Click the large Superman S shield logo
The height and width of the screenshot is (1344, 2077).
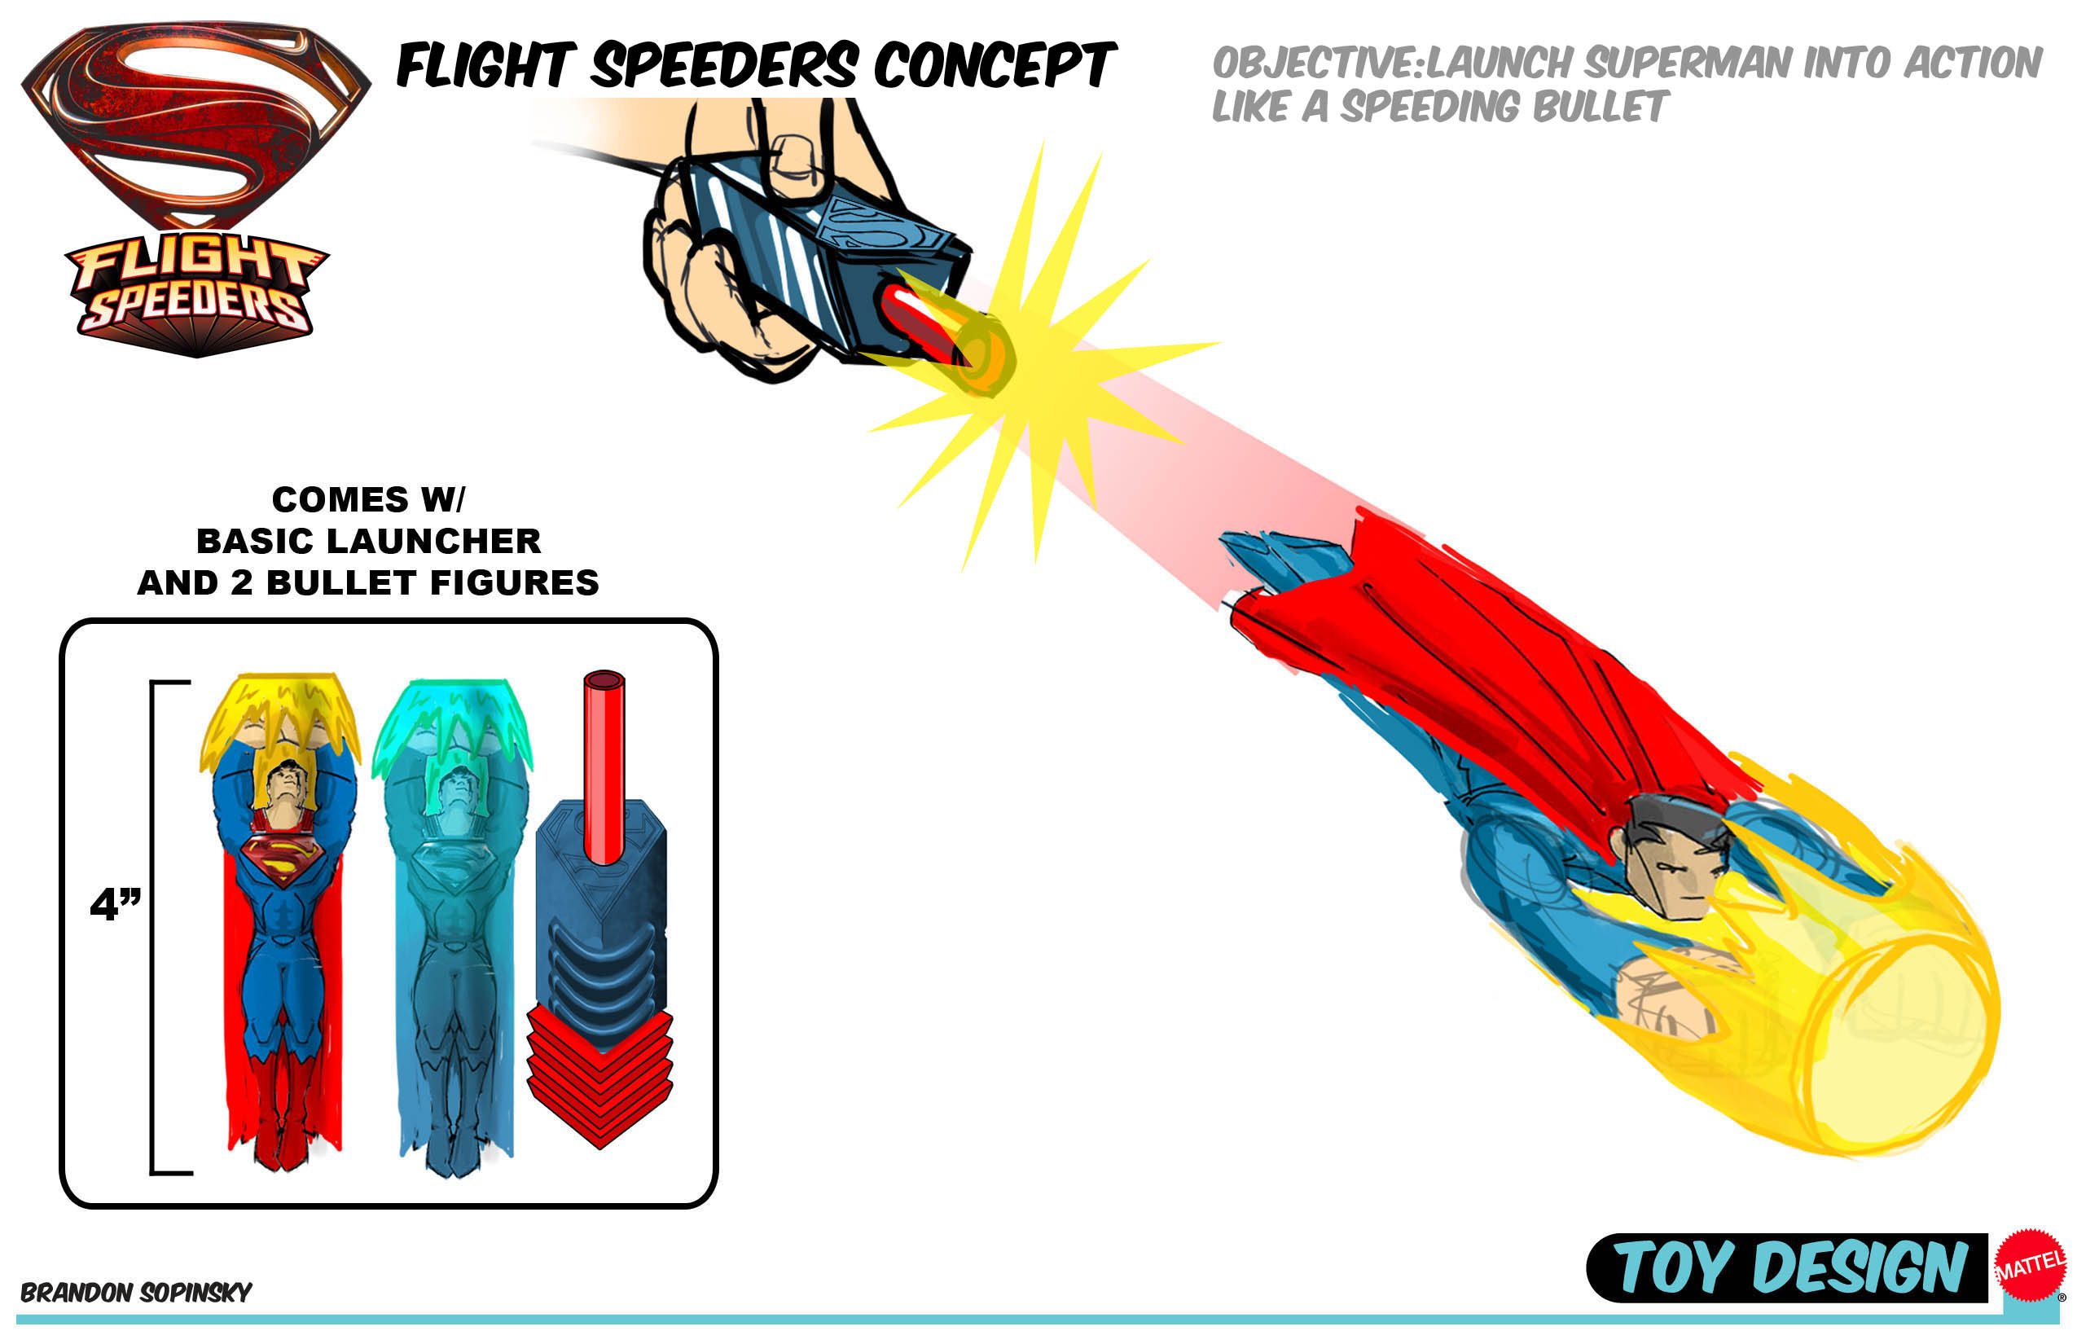coord(196,122)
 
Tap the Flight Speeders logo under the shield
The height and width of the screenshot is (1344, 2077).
coord(196,292)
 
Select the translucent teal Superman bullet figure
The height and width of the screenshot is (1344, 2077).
coord(454,925)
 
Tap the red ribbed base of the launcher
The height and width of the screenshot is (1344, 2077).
coord(599,1074)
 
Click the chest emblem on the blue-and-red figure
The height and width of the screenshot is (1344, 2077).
coord(282,859)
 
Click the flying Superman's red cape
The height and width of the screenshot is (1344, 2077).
coord(1483,663)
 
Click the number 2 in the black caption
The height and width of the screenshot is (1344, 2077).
coord(241,582)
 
